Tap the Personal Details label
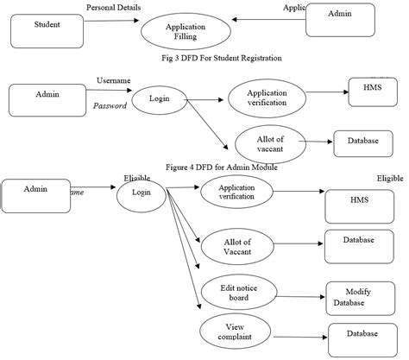pyautogui.click(x=114, y=8)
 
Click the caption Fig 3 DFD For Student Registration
pyautogui.click(x=222, y=58)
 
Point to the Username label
pyautogui.click(x=113, y=80)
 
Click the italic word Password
pyautogui.click(x=110, y=105)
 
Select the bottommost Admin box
pyautogui.click(x=35, y=195)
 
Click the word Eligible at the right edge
pyautogui.click(x=390, y=179)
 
